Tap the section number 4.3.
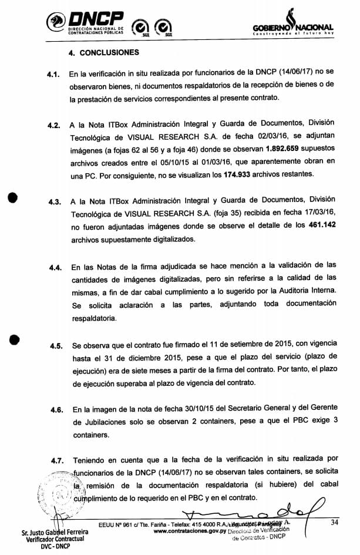(56, 202)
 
